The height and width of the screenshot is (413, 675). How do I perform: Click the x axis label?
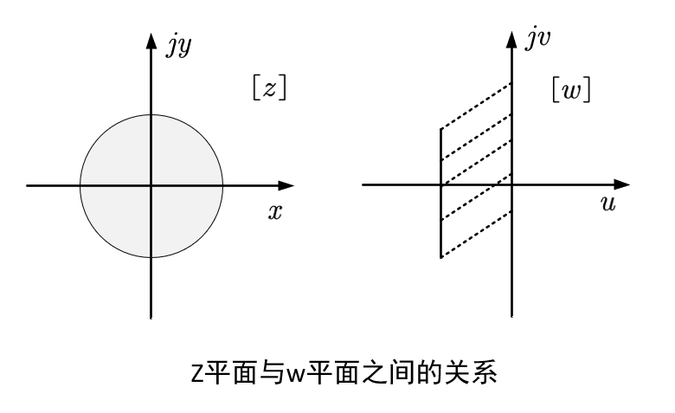(x=274, y=212)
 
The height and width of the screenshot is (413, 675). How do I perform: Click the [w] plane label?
(x=572, y=90)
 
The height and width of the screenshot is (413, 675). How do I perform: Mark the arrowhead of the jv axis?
(x=512, y=36)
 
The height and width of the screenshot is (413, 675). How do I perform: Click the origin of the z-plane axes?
(x=151, y=185)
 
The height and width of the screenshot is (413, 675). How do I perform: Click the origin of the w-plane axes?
(x=512, y=185)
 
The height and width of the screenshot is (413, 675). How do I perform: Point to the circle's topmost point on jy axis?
(x=151, y=114)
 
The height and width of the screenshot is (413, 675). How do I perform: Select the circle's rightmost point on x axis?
(x=222, y=185)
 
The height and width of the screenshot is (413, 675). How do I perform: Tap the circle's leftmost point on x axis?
(x=80, y=185)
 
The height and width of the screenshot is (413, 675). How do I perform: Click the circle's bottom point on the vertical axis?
(x=151, y=257)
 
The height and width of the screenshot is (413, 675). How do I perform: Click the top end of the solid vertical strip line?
(x=441, y=129)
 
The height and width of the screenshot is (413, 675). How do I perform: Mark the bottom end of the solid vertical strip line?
(x=441, y=257)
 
